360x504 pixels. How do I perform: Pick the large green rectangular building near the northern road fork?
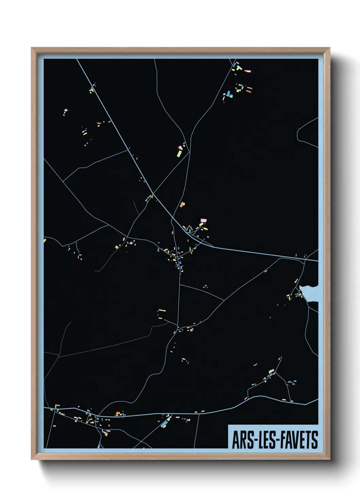[179, 154]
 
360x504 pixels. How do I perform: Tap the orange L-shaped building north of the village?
[182, 204]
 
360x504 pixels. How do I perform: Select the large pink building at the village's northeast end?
[203, 221]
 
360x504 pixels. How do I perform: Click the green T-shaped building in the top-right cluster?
[239, 68]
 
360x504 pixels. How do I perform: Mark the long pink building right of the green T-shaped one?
[248, 71]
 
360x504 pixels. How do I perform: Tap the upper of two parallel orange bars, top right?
[249, 88]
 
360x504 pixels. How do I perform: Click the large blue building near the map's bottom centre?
[165, 424]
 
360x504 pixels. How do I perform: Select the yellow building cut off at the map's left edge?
[45, 241]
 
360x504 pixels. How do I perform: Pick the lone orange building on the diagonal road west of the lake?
[266, 271]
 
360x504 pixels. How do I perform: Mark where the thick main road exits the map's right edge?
[317, 261]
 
